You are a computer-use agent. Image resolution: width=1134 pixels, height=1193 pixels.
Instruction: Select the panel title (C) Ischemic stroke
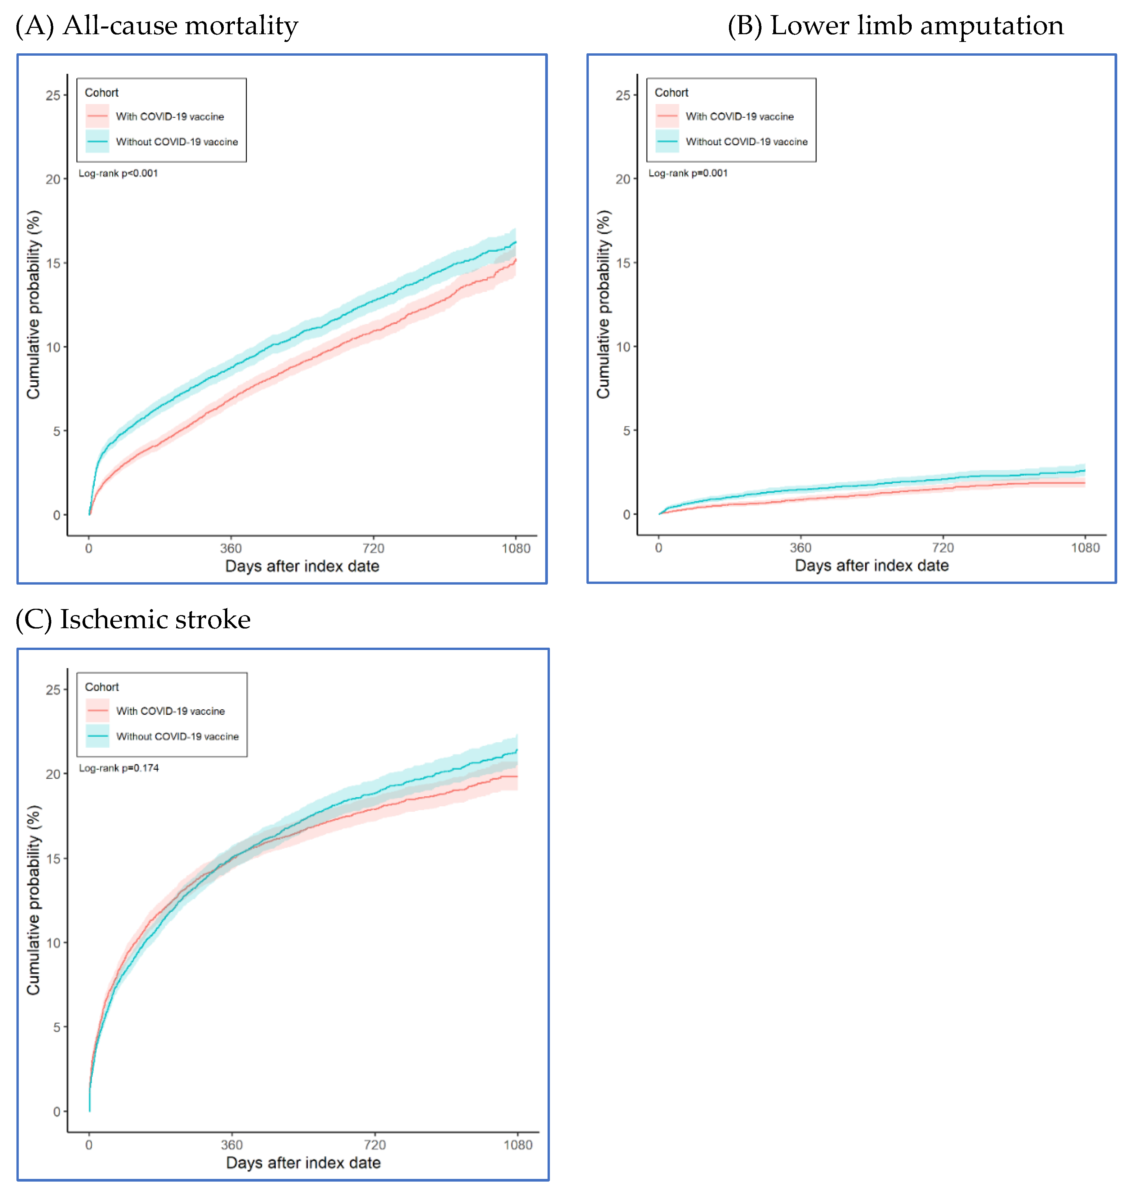(133, 620)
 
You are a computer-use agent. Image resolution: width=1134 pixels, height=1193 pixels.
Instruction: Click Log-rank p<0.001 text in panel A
(118, 173)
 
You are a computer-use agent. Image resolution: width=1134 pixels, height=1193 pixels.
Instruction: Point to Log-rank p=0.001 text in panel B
(688, 173)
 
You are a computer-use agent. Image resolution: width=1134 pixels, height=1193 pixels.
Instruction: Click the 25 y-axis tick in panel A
(53, 96)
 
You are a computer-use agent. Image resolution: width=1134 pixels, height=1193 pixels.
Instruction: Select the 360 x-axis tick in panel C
(231, 1145)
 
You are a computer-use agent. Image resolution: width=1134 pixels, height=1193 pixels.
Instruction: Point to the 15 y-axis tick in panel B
(623, 263)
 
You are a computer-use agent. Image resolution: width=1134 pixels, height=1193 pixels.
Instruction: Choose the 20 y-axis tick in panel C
(53, 774)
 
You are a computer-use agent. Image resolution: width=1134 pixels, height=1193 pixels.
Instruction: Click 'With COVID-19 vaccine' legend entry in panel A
(170, 117)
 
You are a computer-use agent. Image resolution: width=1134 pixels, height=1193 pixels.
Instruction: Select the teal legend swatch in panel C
(97, 736)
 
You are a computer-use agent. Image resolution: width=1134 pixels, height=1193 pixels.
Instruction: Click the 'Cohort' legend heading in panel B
(671, 93)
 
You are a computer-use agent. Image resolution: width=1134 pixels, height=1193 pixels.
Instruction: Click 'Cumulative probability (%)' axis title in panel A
(33, 305)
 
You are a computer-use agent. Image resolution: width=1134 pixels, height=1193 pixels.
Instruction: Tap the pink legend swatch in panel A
(97, 116)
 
